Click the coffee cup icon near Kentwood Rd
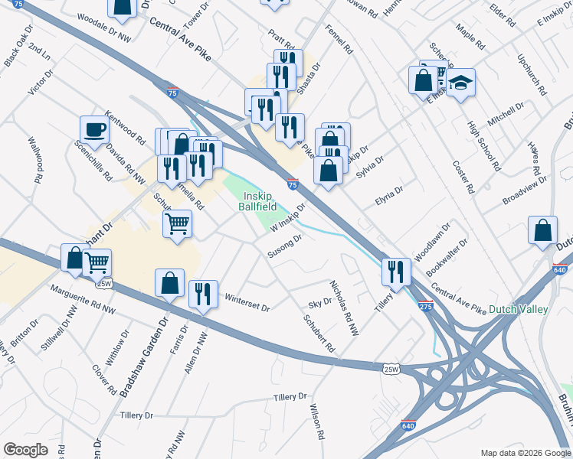94,129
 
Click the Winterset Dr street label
245,302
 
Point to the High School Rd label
483,145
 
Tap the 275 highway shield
425,306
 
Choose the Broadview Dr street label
525,190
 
